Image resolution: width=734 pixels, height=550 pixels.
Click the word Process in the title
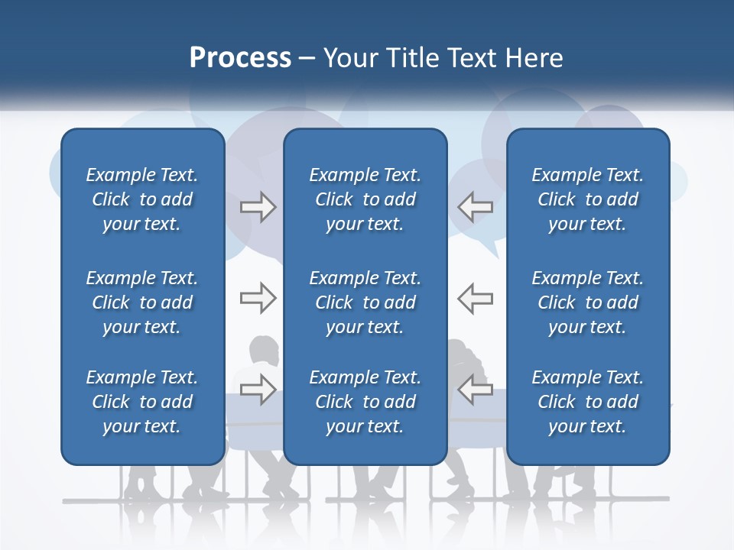[240, 58]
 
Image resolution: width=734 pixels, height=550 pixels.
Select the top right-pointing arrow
[258, 207]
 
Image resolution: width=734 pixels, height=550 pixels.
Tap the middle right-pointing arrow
[258, 298]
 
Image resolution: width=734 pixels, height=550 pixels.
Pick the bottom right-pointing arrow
[258, 390]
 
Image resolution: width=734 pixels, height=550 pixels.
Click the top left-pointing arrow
[475, 207]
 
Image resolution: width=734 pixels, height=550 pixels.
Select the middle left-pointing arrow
[475, 298]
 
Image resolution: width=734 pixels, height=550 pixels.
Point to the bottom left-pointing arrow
[475, 390]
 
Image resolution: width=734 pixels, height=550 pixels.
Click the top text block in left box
[142, 199]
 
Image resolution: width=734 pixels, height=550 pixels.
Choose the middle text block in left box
[142, 302]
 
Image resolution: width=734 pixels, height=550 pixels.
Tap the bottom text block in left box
[142, 402]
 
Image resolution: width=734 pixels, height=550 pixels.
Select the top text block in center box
[365, 199]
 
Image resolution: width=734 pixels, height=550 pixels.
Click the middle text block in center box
[365, 302]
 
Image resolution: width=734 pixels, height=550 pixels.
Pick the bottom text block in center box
[365, 402]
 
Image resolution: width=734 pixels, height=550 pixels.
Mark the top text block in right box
[587, 199]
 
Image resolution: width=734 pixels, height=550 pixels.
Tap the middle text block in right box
[587, 302]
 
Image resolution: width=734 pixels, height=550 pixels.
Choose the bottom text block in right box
[587, 402]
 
